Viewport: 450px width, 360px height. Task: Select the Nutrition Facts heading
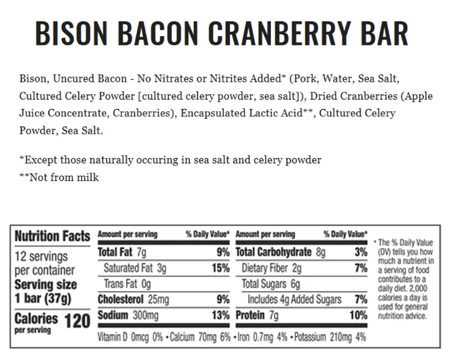(52, 236)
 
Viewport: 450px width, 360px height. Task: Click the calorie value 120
(78, 320)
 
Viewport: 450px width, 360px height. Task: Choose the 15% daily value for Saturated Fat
(220, 268)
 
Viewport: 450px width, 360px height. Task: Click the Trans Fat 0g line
(127, 283)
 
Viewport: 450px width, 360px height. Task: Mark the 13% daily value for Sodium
(220, 315)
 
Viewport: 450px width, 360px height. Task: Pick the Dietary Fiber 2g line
(272, 268)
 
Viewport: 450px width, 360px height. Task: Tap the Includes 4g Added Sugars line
(294, 299)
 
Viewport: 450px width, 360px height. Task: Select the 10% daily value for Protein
(358, 315)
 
